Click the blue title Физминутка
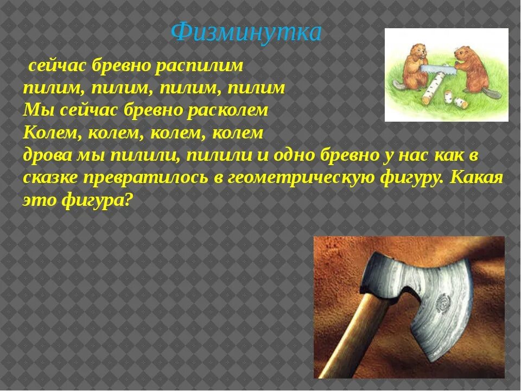[246, 33]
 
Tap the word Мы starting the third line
[35, 110]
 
